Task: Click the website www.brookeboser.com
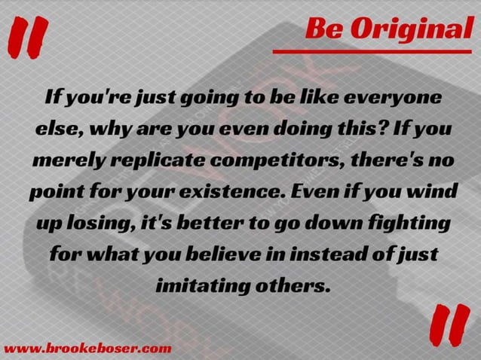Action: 87,348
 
